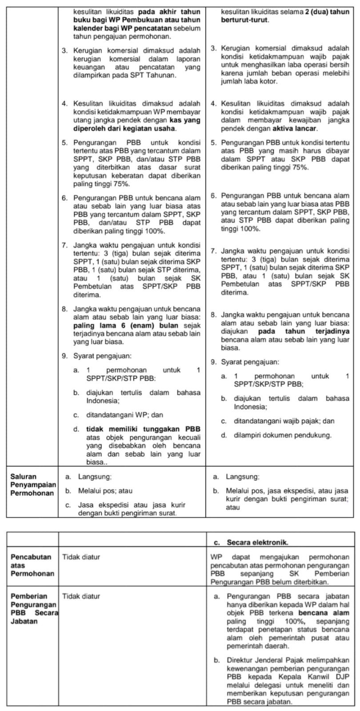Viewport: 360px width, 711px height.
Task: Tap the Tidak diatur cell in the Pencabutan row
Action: [81, 557]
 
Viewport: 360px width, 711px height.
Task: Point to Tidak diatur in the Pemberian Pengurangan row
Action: [81, 596]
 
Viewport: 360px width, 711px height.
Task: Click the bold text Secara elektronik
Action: [257, 543]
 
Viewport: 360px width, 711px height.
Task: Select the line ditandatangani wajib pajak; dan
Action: [284, 421]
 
